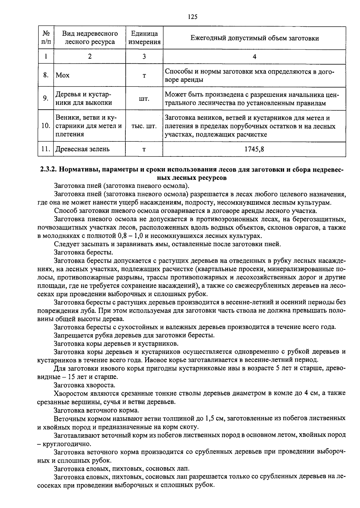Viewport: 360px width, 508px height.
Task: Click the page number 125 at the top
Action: click(193, 17)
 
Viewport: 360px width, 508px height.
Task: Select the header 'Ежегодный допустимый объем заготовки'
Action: click(254, 38)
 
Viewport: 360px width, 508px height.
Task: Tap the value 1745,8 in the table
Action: click(254, 149)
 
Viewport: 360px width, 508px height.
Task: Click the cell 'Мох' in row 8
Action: click(63, 75)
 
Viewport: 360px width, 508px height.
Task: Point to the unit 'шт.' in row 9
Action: click(144, 98)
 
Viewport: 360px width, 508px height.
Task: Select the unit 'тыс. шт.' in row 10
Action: click(144, 126)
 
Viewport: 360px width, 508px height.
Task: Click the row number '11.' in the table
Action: click(46, 149)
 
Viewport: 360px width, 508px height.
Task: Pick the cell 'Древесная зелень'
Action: click(82, 149)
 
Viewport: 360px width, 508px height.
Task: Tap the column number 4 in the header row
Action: click(254, 56)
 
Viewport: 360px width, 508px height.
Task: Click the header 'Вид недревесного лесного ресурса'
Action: click(90, 38)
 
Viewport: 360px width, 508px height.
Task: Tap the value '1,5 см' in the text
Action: click(215, 418)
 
